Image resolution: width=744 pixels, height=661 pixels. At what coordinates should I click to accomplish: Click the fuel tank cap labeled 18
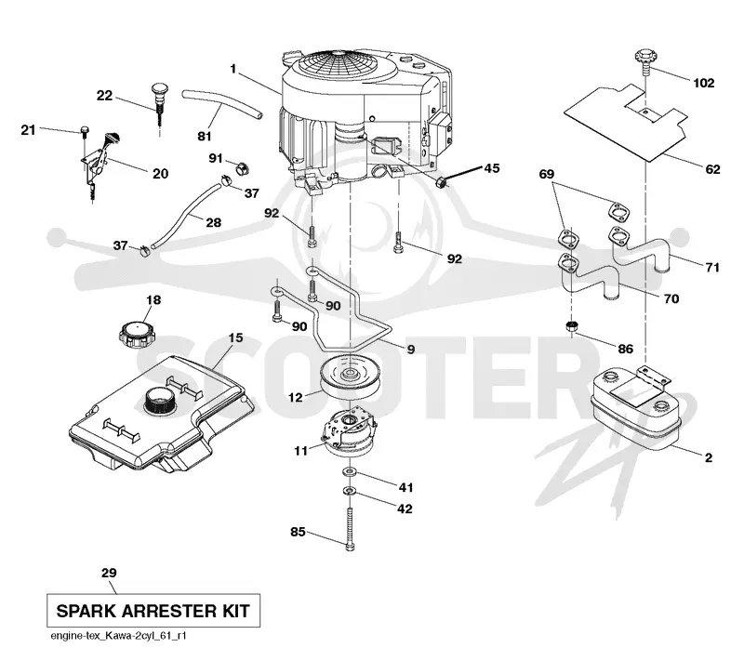(137, 335)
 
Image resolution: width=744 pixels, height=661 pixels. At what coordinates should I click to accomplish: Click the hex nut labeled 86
(572, 326)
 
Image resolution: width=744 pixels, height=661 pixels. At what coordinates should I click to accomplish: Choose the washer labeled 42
(350, 490)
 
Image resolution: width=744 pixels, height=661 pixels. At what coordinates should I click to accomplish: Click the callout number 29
(109, 573)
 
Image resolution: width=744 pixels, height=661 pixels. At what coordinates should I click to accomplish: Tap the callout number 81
(205, 136)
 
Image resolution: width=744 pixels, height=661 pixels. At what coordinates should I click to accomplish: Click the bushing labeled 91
(243, 168)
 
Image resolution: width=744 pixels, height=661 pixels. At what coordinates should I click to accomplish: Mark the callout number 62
(712, 169)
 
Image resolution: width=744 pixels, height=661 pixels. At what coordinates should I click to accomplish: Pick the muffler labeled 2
(636, 410)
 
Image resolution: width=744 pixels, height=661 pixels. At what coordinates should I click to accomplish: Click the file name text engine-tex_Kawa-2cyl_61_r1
(119, 636)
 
